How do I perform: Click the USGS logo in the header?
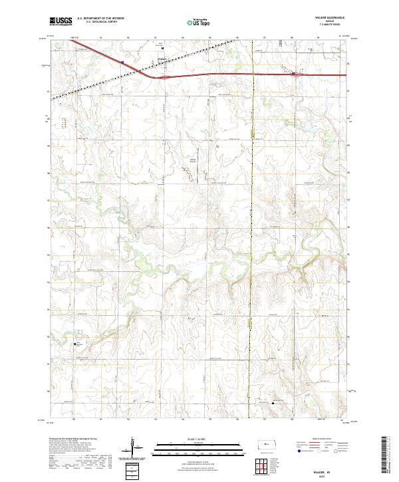(61, 22)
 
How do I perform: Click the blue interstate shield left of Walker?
(122, 63)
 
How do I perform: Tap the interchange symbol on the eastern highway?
(297, 74)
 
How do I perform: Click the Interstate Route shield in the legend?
(295, 449)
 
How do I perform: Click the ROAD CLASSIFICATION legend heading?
(313, 439)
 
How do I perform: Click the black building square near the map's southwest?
(74, 344)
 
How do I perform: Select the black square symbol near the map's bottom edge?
(273, 402)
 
